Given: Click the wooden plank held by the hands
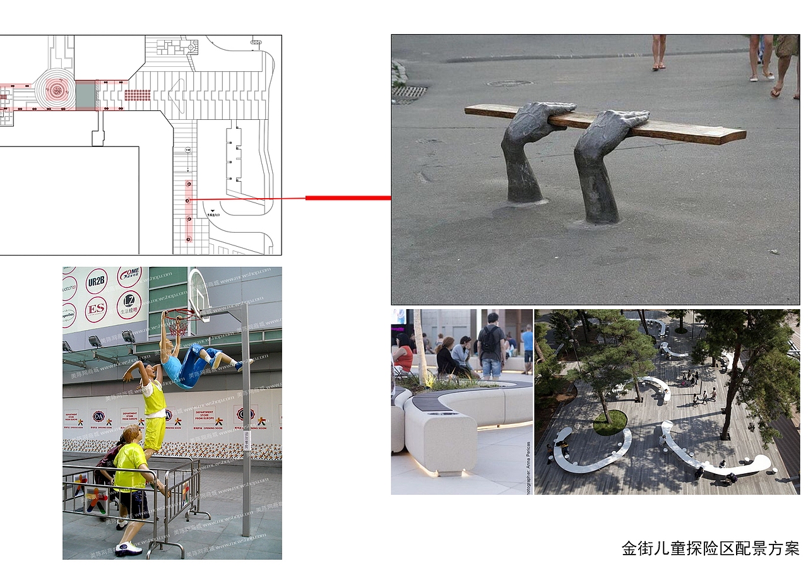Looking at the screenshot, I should [x=688, y=131].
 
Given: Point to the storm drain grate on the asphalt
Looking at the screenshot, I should [x=409, y=93].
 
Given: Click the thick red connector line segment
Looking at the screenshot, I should [x=348, y=198].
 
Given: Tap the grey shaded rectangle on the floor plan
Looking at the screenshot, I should [x=85, y=95].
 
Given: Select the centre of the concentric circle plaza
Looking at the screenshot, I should [x=56, y=91].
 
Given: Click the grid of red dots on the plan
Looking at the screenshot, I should [x=137, y=95].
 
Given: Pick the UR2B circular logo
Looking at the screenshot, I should [x=97, y=281].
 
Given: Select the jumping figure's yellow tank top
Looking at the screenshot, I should [x=154, y=398].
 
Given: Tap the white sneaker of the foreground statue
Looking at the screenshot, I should [x=128, y=548].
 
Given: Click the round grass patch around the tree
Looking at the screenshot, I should [x=609, y=422].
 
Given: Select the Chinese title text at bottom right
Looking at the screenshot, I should [x=710, y=548].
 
